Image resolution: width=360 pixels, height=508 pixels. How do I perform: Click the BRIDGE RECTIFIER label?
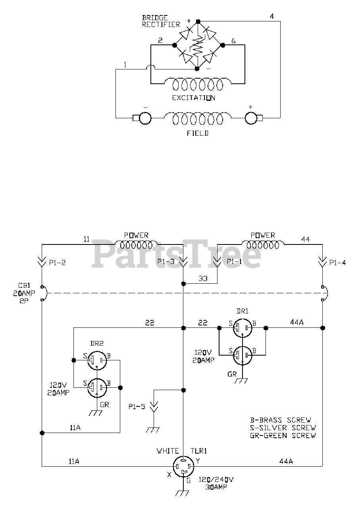click(x=161, y=21)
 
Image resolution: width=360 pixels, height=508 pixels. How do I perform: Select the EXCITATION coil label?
click(x=194, y=98)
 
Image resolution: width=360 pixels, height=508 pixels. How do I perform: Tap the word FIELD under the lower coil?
click(x=198, y=133)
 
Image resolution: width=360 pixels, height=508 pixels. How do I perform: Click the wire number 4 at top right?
click(x=272, y=16)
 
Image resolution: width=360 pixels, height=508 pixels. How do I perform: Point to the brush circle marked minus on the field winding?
click(x=145, y=118)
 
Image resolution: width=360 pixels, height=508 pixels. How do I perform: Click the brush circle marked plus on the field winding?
click(x=251, y=118)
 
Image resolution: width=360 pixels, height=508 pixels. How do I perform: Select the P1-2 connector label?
click(x=57, y=263)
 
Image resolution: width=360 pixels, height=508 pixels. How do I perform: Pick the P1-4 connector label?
click(x=337, y=263)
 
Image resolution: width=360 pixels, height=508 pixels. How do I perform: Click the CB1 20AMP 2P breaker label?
click(x=24, y=293)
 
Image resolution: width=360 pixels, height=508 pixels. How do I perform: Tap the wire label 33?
click(x=203, y=279)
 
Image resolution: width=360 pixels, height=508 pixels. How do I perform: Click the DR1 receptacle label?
click(x=242, y=311)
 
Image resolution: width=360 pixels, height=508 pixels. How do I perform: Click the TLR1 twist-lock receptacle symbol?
click(x=183, y=467)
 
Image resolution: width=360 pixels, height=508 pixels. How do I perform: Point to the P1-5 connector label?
click(x=137, y=407)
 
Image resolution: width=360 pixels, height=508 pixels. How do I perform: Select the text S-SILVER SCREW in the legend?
click(x=283, y=428)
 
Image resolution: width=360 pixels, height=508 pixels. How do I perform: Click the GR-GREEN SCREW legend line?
click(x=283, y=435)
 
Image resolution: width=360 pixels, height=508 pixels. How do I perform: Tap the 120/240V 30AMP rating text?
click(x=216, y=483)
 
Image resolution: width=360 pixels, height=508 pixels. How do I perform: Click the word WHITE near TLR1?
click(x=167, y=451)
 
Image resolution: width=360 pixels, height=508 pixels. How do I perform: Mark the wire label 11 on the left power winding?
click(x=87, y=239)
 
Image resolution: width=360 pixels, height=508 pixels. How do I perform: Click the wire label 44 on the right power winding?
click(x=306, y=239)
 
